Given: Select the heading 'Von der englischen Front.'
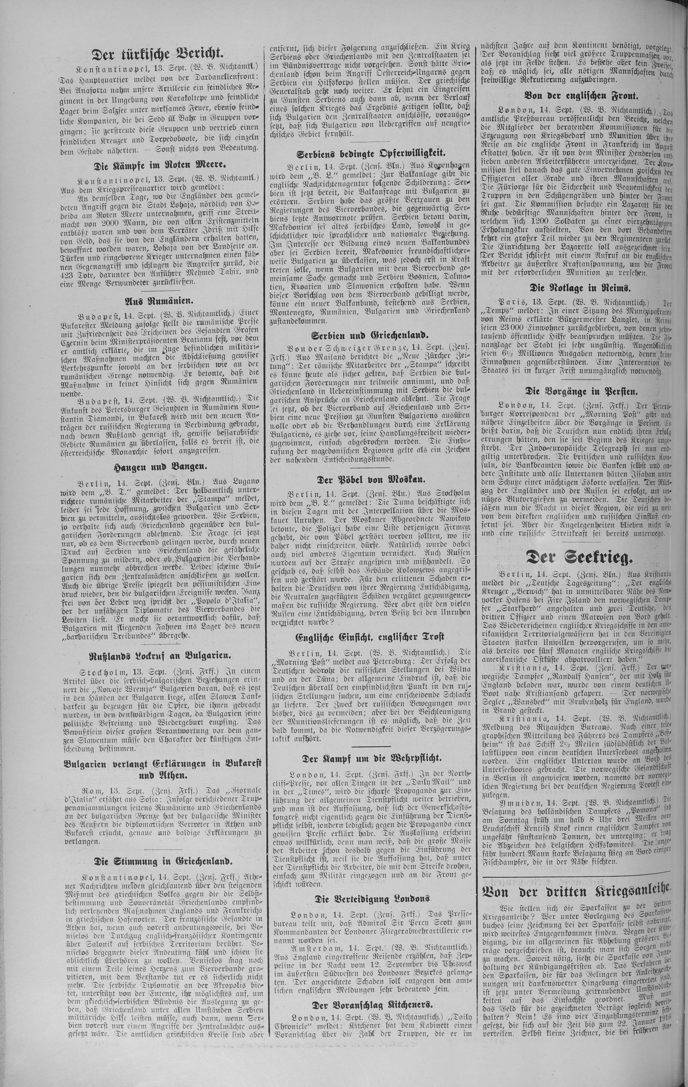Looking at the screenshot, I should [x=575, y=95].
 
